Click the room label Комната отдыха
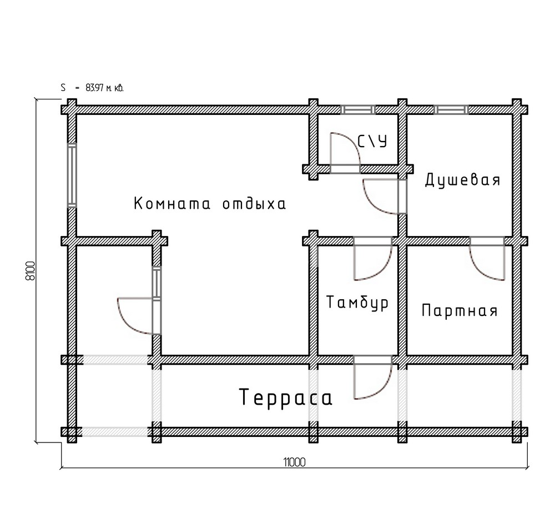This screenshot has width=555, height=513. point(210,204)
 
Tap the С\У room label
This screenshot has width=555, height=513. point(372,141)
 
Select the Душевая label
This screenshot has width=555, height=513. point(463,180)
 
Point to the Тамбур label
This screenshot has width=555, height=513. point(357,303)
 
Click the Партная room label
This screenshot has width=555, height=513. point(460,310)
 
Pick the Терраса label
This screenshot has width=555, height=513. point(286,397)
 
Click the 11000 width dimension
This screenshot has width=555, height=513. point(294,462)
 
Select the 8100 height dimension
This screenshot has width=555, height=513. point(31,271)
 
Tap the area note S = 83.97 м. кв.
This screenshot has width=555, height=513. point(92,88)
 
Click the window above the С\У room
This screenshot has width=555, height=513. point(358,110)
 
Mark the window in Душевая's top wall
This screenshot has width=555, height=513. point(451,110)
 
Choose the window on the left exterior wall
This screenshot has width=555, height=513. point(72,175)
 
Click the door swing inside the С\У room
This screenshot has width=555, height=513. point(345,153)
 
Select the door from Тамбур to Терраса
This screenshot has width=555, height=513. point(373,378)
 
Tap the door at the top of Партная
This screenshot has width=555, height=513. point(487,259)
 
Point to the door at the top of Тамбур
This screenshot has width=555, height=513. point(373,259)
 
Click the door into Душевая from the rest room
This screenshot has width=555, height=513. point(385,197)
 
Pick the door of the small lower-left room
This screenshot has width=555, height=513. point(139,316)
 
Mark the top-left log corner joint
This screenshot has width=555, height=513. point(72,110)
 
